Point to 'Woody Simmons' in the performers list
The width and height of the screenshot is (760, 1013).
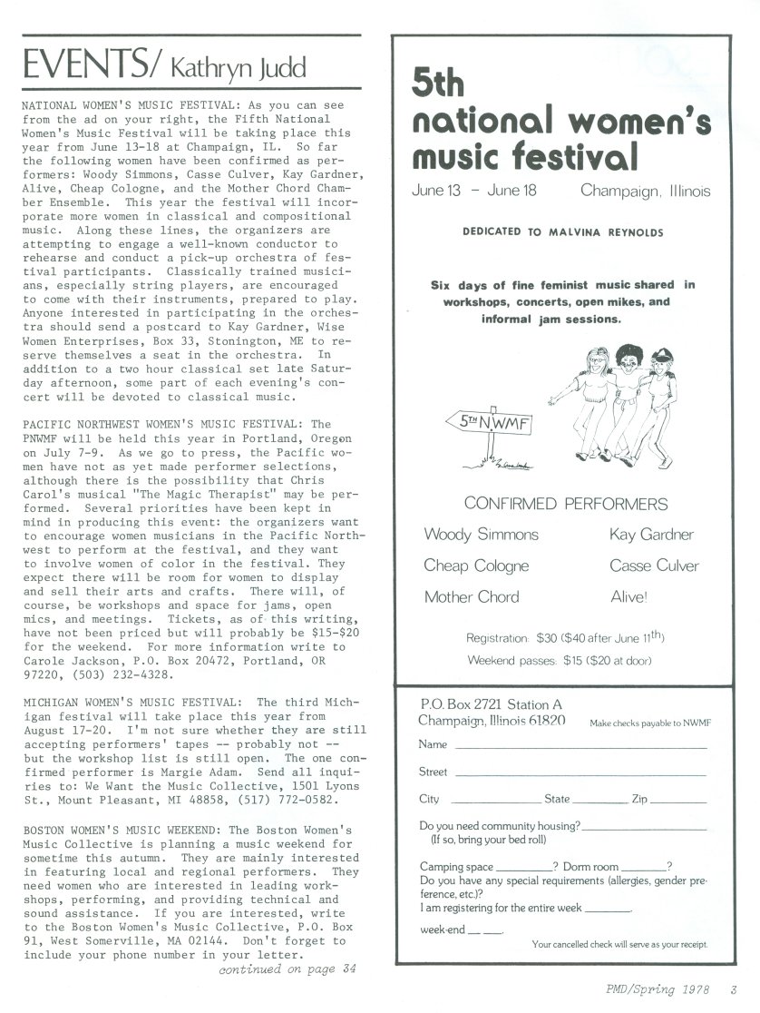[x=481, y=535]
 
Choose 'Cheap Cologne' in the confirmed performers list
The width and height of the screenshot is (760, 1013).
[x=476, y=566]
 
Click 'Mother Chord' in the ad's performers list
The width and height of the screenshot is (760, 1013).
[x=472, y=597]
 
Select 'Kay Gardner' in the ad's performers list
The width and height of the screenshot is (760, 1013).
[x=651, y=535]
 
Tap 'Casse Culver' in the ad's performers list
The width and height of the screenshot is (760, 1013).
[x=654, y=566]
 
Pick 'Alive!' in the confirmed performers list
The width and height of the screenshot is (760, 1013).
[x=630, y=597]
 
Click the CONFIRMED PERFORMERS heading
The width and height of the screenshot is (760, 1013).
[x=565, y=504]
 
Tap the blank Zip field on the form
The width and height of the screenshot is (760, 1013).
[x=678, y=802]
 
